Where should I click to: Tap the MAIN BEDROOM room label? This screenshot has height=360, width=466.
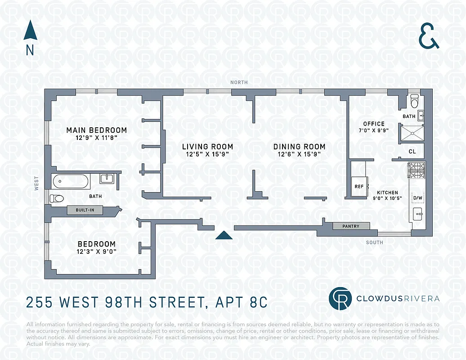click(96, 130)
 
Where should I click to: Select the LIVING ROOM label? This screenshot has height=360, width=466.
click(207, 147)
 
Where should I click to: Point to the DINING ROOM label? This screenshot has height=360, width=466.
click(299, 147)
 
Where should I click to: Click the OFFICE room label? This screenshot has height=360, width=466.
click(374, 124)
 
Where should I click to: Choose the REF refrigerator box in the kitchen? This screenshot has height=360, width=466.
click(359, 185)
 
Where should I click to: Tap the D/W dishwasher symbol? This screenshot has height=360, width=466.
click(417, 198)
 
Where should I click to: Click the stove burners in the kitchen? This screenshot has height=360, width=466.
click(417, 171)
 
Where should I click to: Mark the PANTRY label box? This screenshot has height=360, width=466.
click(351, 226)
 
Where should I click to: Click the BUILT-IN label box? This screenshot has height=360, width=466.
click(85, 210)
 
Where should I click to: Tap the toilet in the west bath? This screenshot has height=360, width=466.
click(57, 198)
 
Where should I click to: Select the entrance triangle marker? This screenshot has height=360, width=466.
click(224, 235)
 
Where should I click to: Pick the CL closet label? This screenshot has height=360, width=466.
click(412, 152)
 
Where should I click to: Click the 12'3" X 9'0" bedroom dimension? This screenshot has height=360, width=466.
click(96, 252)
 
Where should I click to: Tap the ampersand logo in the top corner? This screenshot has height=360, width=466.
click(429, 37)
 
